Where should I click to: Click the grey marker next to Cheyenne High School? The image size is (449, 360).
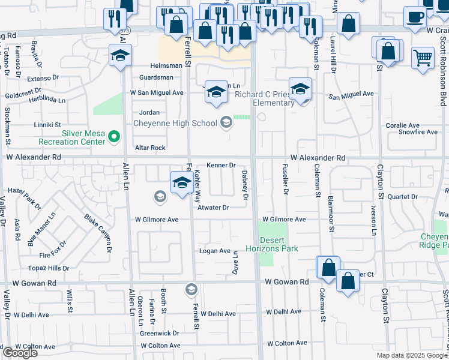226,123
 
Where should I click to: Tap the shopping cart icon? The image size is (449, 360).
423,58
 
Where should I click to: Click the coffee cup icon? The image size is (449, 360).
415,16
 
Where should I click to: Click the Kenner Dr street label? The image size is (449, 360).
220,165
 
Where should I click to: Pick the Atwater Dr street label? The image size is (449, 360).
214,208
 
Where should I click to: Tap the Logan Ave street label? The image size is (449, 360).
215,251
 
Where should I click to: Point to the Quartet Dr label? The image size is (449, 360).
402,197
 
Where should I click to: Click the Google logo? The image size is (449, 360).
20,353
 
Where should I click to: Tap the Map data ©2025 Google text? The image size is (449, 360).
412,355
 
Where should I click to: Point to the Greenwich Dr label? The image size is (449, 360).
160,333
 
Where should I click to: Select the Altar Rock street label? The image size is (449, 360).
150,148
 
